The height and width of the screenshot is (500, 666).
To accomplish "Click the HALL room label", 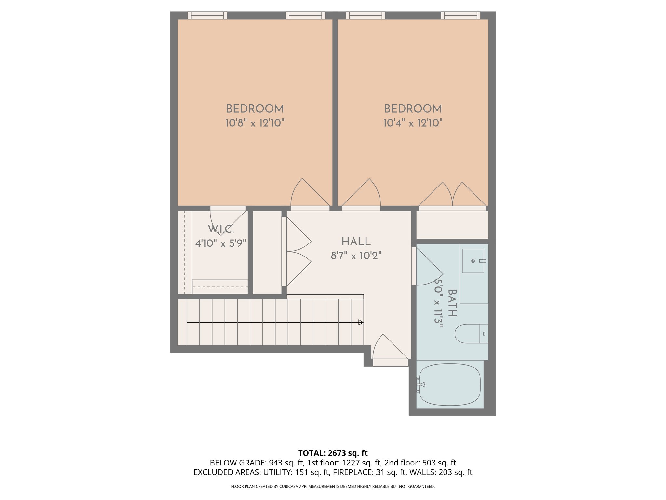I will [x=356, y=242].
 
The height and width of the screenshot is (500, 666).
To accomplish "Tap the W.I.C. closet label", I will [x=221, y=229].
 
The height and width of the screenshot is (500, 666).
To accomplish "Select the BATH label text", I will [x=452, y=303].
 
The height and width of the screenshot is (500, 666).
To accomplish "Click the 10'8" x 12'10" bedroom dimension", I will [x=255, y=123].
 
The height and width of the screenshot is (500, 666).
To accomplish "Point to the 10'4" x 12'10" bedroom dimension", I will [x=413, y=123].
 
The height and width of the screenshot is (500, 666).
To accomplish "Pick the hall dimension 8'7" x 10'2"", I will [x=356, y=256].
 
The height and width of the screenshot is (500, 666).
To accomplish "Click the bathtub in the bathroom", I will [x=449, y=384].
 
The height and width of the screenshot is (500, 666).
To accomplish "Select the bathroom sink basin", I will [x=473, y=261].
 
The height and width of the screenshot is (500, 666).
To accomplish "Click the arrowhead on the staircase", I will [x=361, y=322].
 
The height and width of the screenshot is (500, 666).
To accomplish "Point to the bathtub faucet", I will [x=421, y=384].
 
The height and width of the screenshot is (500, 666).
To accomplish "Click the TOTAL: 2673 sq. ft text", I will [x=333, y=453].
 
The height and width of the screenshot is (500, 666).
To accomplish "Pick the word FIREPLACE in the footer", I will [x=353, y=472].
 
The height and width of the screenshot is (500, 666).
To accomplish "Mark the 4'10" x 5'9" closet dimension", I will [x=221, y=243].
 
